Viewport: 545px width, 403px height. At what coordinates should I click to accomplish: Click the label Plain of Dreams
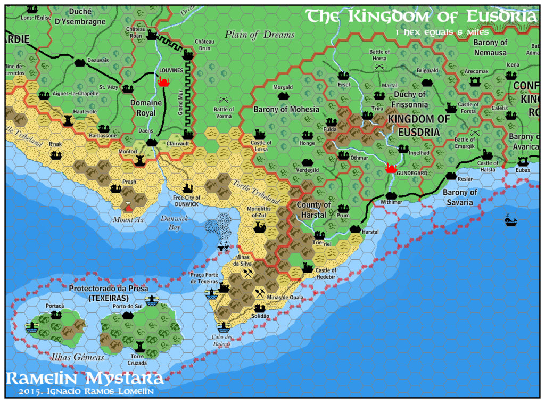tap(259, 35)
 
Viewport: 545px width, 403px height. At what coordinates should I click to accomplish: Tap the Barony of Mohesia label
tap(286, 109)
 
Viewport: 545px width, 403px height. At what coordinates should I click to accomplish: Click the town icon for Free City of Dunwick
tap(187, 188)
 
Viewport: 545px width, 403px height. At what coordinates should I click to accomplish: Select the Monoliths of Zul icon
tap(260, 227)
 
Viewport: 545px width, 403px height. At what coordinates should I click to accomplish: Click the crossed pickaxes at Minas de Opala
tap(260, 292)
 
